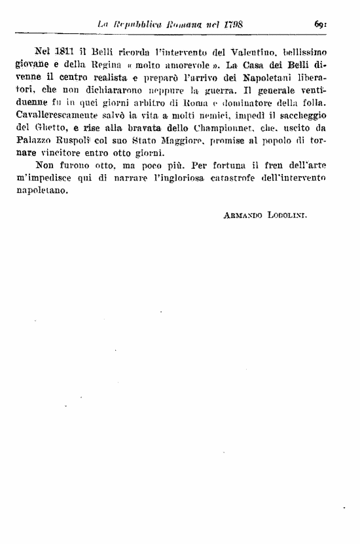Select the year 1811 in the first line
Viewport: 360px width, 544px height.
64,51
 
